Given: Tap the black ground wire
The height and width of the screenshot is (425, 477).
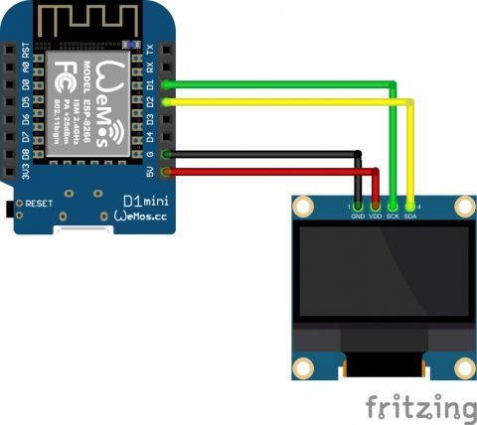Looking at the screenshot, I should point(268,153).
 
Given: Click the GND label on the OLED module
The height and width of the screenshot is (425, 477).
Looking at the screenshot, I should point(357,214).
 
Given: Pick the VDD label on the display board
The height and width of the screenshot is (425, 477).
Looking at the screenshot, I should point(375,214).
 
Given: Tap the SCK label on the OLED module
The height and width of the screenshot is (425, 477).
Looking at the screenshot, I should point(393,214).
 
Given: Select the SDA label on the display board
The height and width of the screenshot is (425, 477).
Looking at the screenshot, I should point(410,214).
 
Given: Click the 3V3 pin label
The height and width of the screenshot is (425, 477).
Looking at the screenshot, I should point(11,173).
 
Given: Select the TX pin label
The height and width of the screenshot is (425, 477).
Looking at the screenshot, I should point(150,49).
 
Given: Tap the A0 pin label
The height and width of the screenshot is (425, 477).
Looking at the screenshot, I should point(11,67).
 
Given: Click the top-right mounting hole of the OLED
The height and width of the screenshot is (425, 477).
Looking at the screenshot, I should point(462,206).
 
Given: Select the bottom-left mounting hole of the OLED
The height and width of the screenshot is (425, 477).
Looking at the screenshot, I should point(303,368).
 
